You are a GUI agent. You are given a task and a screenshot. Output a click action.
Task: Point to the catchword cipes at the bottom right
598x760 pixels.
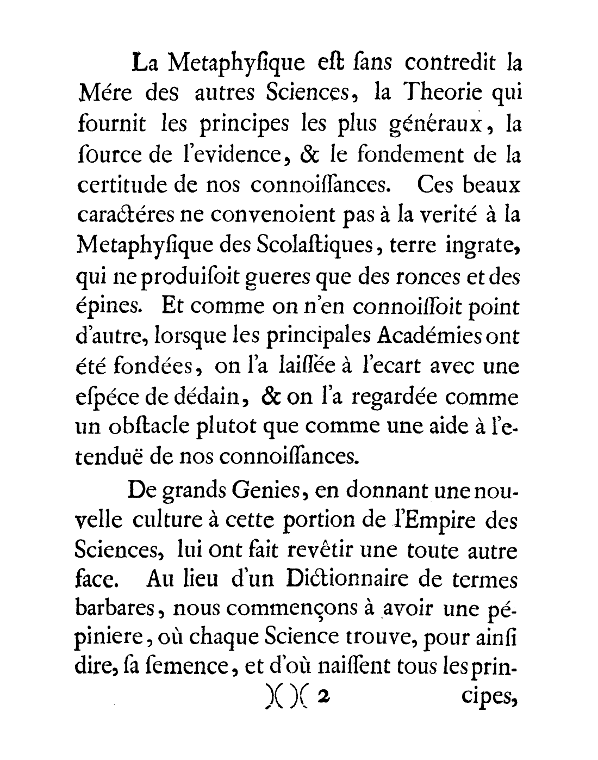[x=486, y=696]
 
